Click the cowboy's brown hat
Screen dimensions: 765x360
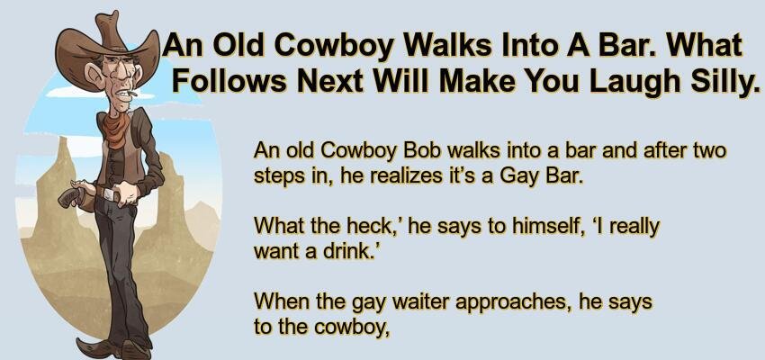tap(105, 46)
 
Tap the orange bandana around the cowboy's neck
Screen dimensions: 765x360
tap(115, 130)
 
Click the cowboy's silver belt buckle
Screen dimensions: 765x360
tap(111, 194)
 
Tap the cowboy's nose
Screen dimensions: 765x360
tap(123, 78)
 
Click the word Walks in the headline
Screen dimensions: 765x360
tap(450, 45)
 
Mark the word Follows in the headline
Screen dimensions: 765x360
tap(229, 81)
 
